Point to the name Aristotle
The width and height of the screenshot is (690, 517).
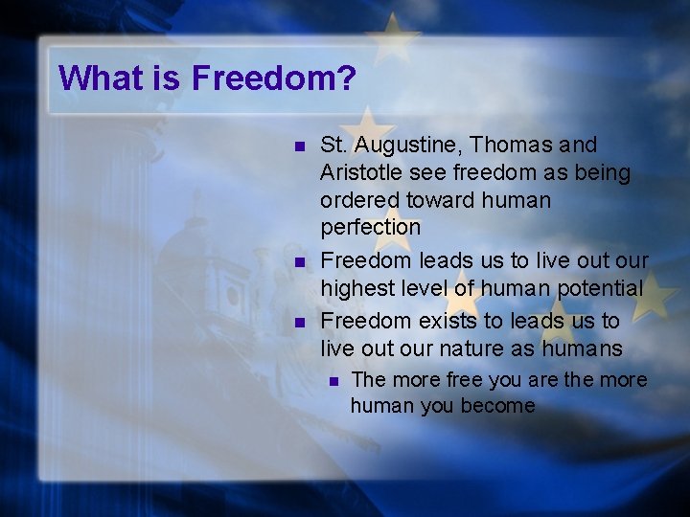[360, 172]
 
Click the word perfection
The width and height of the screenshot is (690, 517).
[370, 228]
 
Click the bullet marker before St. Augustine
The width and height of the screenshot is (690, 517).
[299, 146]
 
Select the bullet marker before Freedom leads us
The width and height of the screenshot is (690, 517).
[299, 261]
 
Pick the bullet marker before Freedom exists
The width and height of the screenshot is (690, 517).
[299, 321]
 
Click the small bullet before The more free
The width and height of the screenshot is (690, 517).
[333, 380]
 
